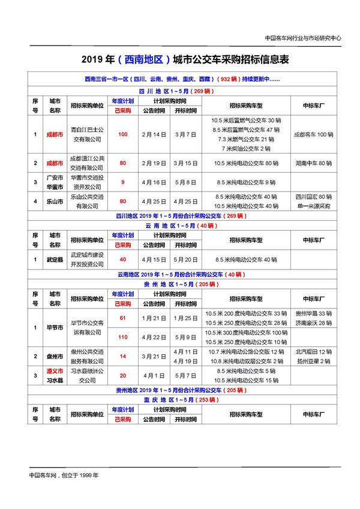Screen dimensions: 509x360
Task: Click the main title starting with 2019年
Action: pos(180,60)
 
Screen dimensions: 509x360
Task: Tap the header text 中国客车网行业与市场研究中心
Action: pos(302,37)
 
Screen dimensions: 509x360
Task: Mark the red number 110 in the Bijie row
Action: pos(122,337)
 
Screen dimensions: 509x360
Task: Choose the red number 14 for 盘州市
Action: pos(122,356)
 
